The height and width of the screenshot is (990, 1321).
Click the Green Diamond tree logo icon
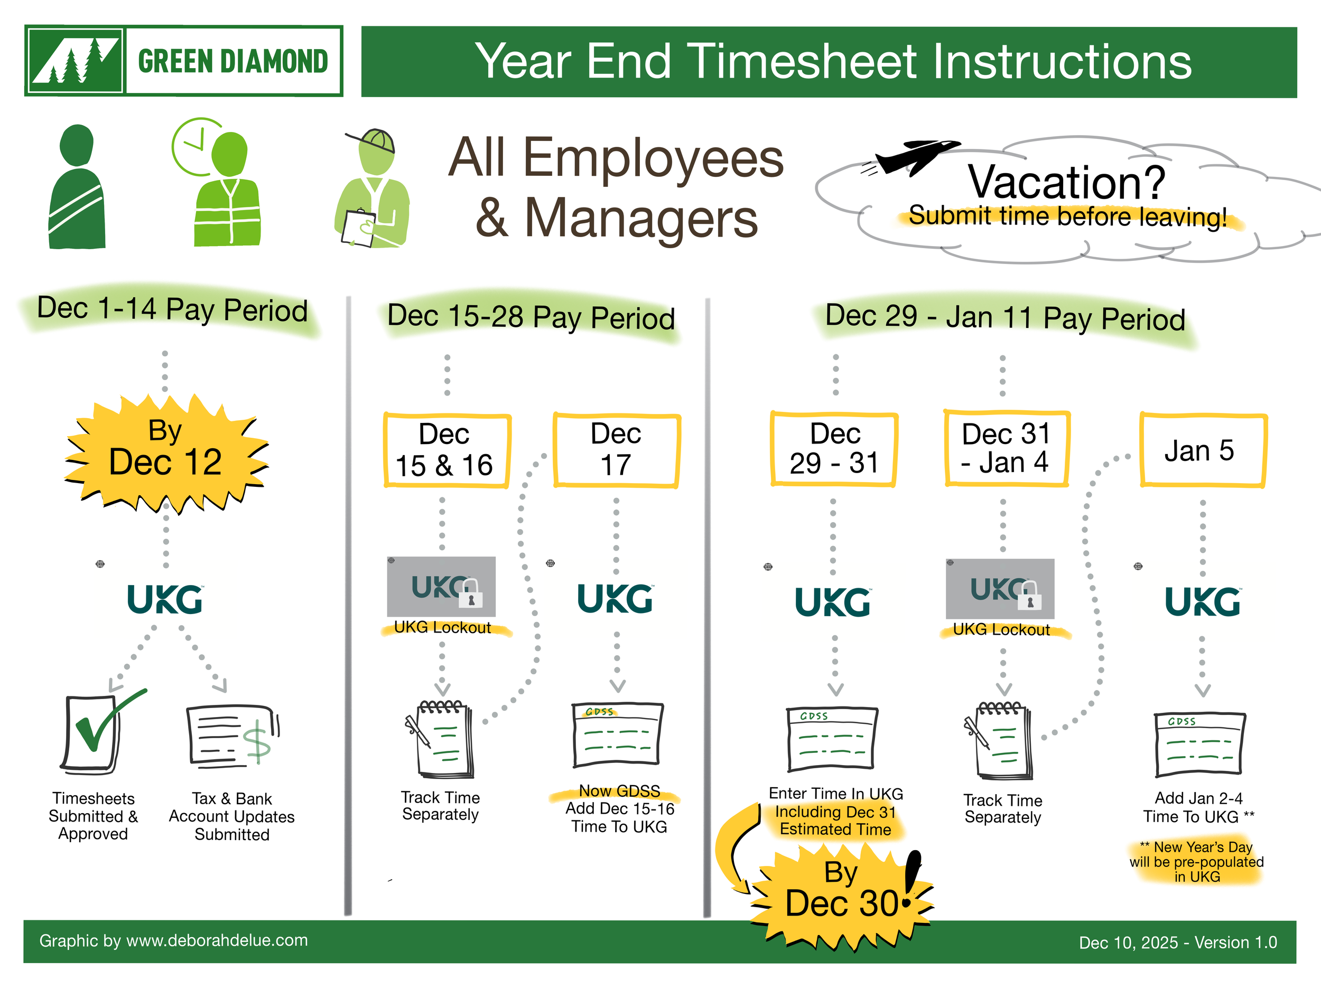75,61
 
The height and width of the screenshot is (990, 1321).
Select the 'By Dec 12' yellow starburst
166,454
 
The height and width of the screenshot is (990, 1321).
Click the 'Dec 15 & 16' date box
445,450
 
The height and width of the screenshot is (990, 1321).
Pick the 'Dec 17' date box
616,450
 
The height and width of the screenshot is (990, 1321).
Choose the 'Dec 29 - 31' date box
834,449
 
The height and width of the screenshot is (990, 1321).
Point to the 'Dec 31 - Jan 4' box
1006,449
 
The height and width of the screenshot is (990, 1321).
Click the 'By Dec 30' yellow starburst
842,892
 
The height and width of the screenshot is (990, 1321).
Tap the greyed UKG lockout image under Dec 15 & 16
441,587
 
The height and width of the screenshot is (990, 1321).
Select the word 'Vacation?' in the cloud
1067,182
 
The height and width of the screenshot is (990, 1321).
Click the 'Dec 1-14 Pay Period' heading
172,310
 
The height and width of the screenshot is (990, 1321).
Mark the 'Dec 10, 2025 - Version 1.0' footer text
1177,942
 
